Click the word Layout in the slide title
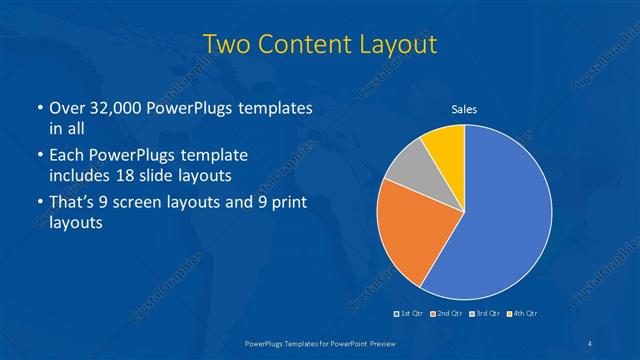pyautogui.click(x=390, y=44)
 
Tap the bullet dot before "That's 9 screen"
pyautogui.click(x=39, y=204)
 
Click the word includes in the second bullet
pyautogui.click(x=82, y=175)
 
